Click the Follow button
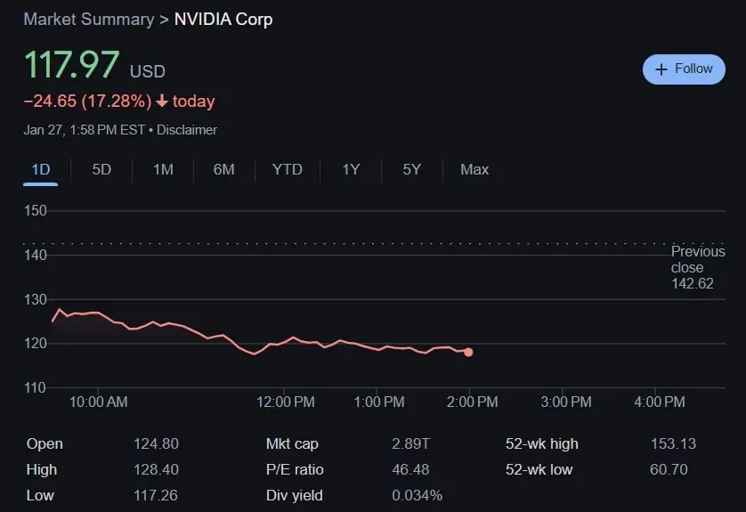[684, 69]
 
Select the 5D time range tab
[101, 169]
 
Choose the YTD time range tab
[287, 169]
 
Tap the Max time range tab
[474, 169]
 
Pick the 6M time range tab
[223, 169]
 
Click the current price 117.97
[71, 66]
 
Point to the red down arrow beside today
[161, 102]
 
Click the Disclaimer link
[187, 130]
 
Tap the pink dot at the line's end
[468, 352]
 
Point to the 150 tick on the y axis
[36, 211]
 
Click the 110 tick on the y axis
[36, 387]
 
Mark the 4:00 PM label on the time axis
[660, 402]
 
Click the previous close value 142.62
[692, 284]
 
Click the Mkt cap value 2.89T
[409, 443]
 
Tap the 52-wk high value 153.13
[673, 443]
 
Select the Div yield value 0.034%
[417, 495]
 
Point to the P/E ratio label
[295, 469]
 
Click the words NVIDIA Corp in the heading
[223, 19]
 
